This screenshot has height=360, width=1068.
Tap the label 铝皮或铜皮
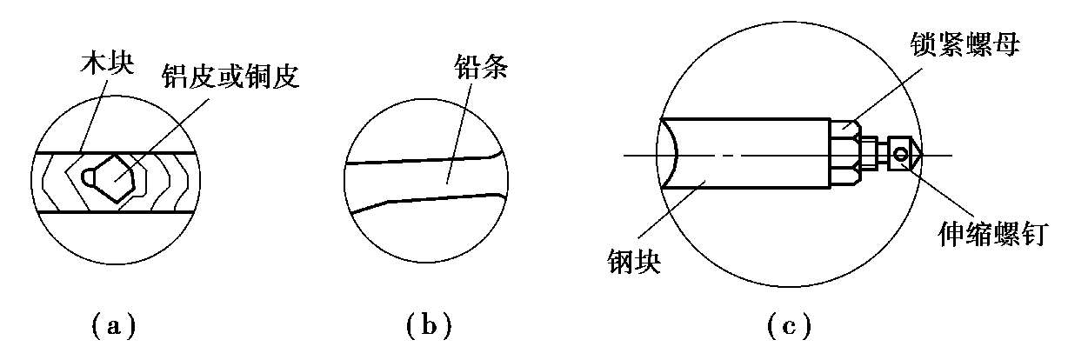coord(230,78)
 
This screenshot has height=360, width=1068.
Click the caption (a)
coord(114,327)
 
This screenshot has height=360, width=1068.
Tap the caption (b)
coord(429,327)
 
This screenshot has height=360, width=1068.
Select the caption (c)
coord(790,327)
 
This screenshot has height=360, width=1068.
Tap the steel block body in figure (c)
coord(748,154)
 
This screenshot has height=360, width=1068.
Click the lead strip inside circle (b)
coord(417,180)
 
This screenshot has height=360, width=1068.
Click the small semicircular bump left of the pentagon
coord(89,176)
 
